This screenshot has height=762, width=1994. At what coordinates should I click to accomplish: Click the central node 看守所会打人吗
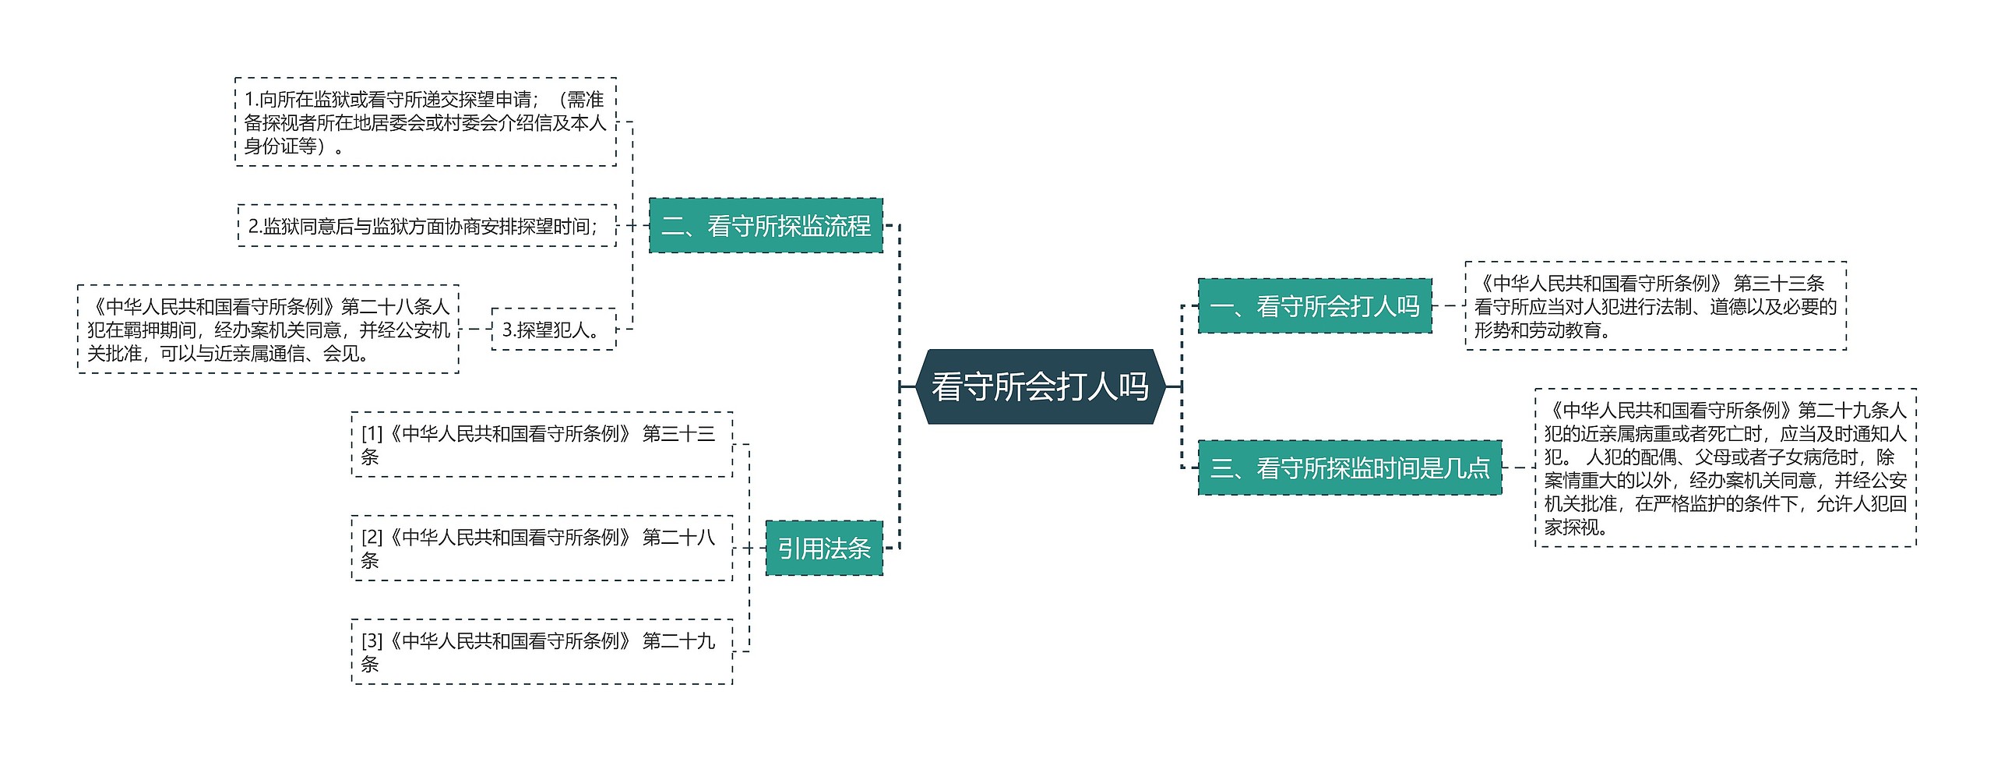click(1040, 386)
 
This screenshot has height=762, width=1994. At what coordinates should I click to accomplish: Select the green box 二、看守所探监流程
click(766, 226)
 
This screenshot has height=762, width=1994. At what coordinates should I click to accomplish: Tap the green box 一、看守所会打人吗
click(1314, 306)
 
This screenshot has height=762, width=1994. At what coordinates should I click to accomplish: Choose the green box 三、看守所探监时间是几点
click(1349, 467)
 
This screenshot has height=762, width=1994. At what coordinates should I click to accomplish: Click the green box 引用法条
click(823, 549)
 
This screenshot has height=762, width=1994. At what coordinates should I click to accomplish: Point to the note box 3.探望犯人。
click(553, 330)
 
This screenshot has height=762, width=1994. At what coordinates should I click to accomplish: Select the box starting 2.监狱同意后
click(426, 226)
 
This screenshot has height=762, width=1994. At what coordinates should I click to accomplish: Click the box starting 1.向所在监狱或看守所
click(425, 122)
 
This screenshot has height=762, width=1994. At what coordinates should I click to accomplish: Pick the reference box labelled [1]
click(541, 444)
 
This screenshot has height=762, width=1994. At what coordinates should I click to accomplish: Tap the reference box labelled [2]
click(541, 548)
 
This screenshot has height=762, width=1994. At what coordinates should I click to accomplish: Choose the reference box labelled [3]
click(541, 651)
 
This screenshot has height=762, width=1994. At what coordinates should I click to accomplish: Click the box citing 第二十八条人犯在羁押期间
click(268, 330)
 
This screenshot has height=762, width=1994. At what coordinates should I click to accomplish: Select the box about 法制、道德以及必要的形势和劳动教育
click(1655, 306)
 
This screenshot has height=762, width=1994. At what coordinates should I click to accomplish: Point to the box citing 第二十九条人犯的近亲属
click(1725, 467)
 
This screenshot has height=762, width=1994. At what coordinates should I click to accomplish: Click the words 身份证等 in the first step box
click(280, 146)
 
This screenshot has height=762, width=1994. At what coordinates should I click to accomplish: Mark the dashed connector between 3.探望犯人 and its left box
click(475, 330)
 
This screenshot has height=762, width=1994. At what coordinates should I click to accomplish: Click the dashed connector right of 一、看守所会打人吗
click(1448, 306)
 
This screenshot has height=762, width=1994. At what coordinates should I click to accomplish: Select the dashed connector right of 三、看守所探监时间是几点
click(1518, 467)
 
